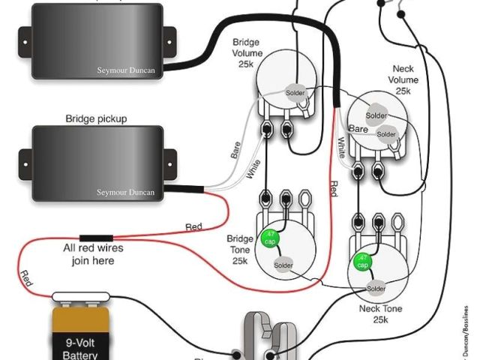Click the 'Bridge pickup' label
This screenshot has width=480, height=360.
(x=96, y=118)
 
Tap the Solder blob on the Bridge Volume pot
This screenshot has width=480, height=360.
(x=297, y=92)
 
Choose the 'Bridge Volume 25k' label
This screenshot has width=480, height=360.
(x=246, y=53)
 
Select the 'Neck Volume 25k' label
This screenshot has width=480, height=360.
(x=403, y=79)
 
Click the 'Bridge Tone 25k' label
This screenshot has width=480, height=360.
(x=238, y=250)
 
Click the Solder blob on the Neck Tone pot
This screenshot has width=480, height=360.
(x=376, y=289)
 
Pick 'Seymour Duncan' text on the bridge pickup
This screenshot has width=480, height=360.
(x=126, y=193)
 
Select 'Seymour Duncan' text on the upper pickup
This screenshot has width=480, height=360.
(x=126, y=70)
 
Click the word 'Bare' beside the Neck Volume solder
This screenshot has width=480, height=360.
(x=358, y=130)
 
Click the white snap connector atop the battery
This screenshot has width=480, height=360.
(x=82, y=298)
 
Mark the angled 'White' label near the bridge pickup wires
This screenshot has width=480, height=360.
(x=253, y=169)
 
